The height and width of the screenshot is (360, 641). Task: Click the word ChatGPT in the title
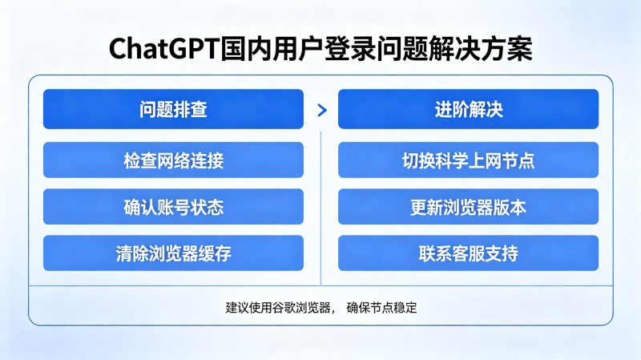tap(165, 49)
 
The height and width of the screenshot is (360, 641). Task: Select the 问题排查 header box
tap(173, 109)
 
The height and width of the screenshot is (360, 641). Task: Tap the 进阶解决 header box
tap(468, 109)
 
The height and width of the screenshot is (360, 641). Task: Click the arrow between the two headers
tap(322, 110)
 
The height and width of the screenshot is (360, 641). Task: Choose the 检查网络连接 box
tap(173, 160)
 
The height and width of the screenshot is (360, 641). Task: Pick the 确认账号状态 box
tap(173, 207)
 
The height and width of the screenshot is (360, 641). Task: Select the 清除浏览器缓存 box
tap(173, 253)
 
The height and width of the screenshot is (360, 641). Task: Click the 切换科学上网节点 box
tap(468, 160)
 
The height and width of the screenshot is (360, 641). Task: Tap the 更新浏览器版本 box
tap(468, 207)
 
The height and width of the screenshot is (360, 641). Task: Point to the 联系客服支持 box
tap(468, 253)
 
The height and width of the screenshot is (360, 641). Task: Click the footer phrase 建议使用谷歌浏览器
tap(278, 308)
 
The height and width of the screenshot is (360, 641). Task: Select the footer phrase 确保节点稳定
tap(382, 308)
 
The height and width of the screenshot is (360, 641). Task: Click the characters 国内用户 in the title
tap(272, 49)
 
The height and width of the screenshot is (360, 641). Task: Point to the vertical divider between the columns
tap(321, 208)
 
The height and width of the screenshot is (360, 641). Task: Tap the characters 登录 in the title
tap(351, 49)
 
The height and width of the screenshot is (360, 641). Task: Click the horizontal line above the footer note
tap(321, 285)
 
